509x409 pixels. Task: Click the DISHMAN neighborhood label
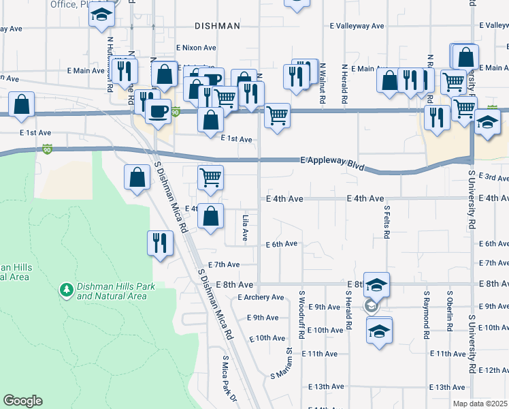click(217, 26)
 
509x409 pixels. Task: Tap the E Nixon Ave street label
click(196, 48)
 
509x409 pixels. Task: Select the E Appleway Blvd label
click(332, 164)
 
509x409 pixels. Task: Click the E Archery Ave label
click(261, 297)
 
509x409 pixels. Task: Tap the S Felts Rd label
click(387, 222)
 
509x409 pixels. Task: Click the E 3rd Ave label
click(493, 178)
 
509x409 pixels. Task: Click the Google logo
click(22, 401)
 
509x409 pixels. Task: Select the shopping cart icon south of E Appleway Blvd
click(211, 178)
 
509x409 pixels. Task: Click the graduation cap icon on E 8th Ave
click(376, 284)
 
